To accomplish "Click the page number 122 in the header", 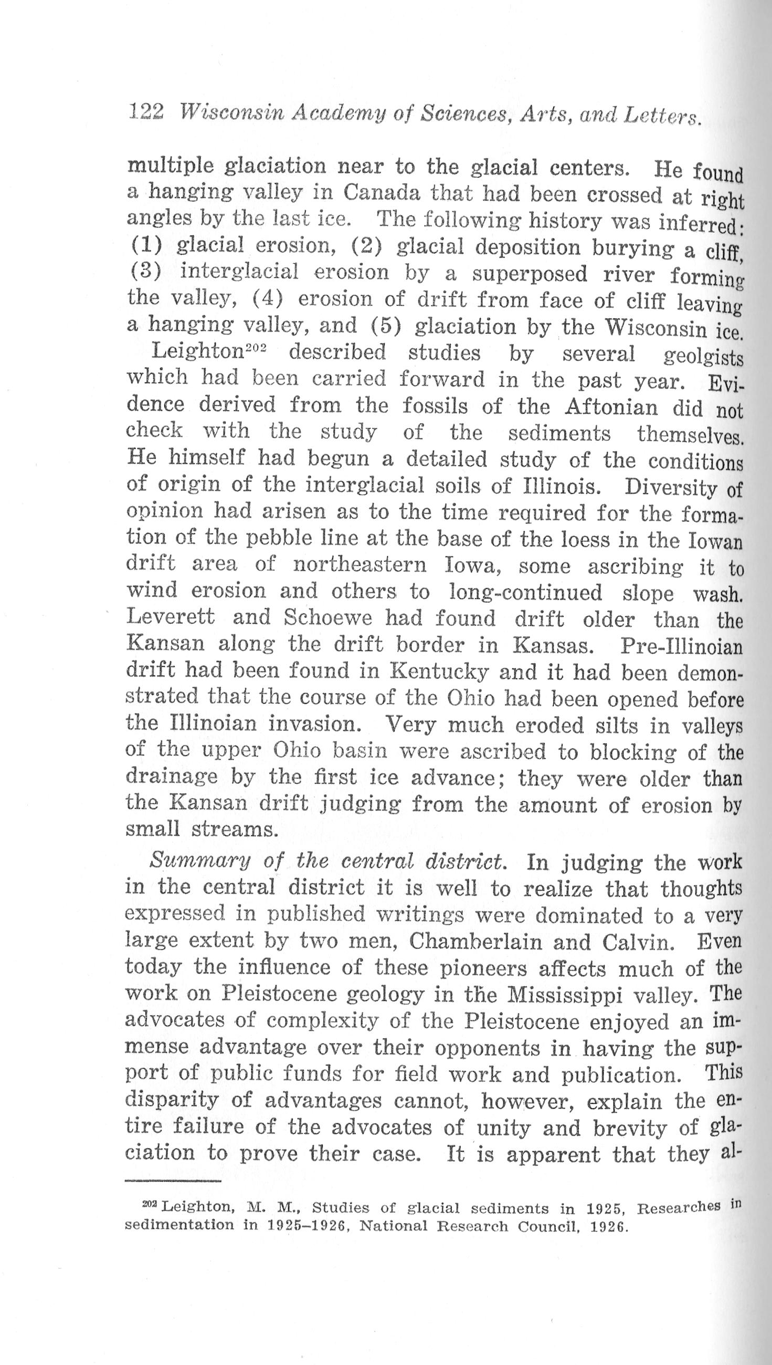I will [146, 112].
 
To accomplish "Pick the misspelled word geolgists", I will [703, 356].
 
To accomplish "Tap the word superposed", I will [530, 274].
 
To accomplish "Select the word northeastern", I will [360, 566].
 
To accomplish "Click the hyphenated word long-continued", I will [525, 592].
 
